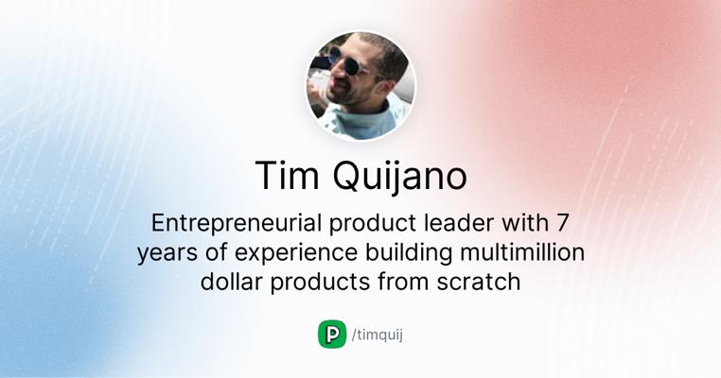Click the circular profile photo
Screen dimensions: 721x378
pyautogui.click(x=360, y=86)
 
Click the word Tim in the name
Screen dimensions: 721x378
pyautogui.click(x=287, y=176)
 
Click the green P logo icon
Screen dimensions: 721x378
pyautogui.click(x=332, y=335)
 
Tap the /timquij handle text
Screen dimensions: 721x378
pyautogui.click(x=377, y=335)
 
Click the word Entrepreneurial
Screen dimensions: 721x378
pyautogui.click(x=237, y=223)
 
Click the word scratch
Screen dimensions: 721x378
pyautogui.click(x=479, y=281)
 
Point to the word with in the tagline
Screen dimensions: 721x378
pyautogui.click(x=524, y=223)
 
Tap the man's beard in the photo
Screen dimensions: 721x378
pyautogui.click(x=353, y=94)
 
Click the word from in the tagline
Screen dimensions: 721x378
pyautogui.click(x=403, y=281)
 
